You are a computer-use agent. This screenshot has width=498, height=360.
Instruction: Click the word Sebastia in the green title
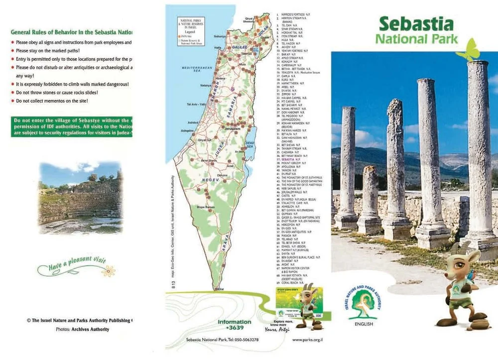pyautogui.click(x=416, y=23)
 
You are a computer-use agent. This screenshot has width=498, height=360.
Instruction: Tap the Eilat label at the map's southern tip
pyautogui.click(x=220, y=289)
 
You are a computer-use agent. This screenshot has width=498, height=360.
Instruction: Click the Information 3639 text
pyautogui.click(x=234, y=324)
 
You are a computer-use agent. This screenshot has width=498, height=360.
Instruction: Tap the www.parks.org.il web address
pyautogui.click(x=307, y=340)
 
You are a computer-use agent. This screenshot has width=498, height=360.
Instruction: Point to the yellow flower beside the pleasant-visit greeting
pyautogui.click(x=108, y=271)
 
